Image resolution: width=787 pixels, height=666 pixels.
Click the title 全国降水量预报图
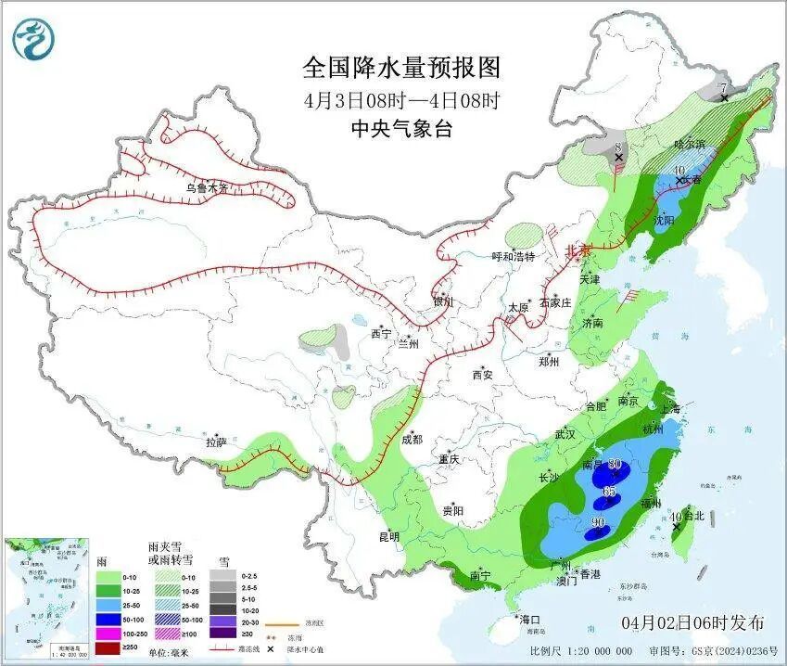(400, 68)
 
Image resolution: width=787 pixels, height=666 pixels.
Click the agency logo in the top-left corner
(34, 39)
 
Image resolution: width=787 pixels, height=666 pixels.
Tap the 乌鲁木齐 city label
(205, 187)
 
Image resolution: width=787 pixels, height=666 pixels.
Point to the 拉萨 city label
(215, 442)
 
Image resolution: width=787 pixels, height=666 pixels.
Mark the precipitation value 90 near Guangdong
(598, 523)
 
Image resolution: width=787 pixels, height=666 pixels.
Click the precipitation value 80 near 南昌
(614, 466)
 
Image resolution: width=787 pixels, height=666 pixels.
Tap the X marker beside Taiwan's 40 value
(676, 526)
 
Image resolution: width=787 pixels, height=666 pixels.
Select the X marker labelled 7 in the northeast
(724, 97)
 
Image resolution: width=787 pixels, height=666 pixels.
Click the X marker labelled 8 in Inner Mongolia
(618, 158)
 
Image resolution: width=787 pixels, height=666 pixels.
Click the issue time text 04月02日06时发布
(692, 621)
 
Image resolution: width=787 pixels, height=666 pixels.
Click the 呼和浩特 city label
(513, 256)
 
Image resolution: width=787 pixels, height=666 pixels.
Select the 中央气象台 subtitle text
(400, 130)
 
